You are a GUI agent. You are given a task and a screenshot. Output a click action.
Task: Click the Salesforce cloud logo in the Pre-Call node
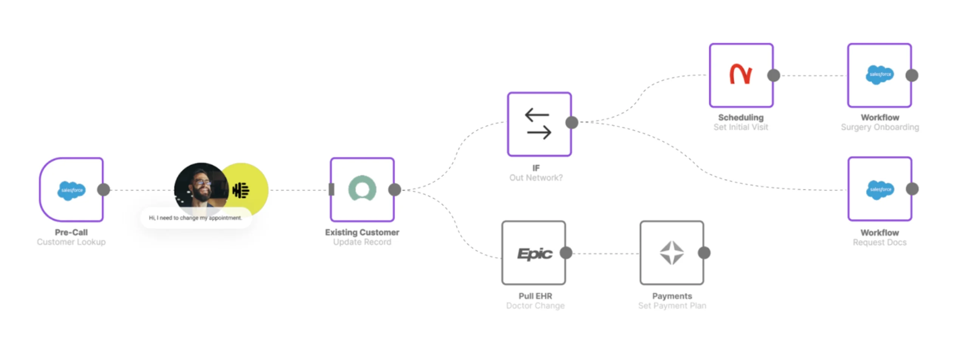71,190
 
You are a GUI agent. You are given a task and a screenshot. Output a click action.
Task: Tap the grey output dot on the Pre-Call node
103,190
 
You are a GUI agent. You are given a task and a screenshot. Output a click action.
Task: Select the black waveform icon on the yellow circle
241,190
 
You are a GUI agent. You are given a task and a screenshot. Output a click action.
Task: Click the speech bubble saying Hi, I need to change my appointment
195,218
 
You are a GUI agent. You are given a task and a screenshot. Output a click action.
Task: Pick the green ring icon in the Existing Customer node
362,189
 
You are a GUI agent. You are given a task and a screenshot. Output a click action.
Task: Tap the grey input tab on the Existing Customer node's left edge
332,189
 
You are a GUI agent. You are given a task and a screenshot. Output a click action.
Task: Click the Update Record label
362,242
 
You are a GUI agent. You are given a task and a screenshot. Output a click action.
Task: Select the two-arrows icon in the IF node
538,124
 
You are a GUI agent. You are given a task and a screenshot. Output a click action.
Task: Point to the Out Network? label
536,178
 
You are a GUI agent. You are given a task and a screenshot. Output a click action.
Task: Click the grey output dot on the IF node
572,122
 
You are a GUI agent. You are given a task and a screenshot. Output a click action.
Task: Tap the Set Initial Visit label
740,127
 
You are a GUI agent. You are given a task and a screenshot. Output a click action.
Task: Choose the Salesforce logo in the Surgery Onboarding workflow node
879,75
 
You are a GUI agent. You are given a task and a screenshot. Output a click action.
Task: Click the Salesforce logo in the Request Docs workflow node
880,190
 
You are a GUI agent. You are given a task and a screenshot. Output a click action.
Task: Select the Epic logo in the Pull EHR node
534,253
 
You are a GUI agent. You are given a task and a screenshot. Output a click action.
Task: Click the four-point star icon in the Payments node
671,253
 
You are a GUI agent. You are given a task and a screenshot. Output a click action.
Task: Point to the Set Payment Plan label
672,306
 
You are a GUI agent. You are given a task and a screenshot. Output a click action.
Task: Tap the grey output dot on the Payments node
704,253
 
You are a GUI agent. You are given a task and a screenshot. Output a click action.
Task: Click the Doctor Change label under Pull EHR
535,306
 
